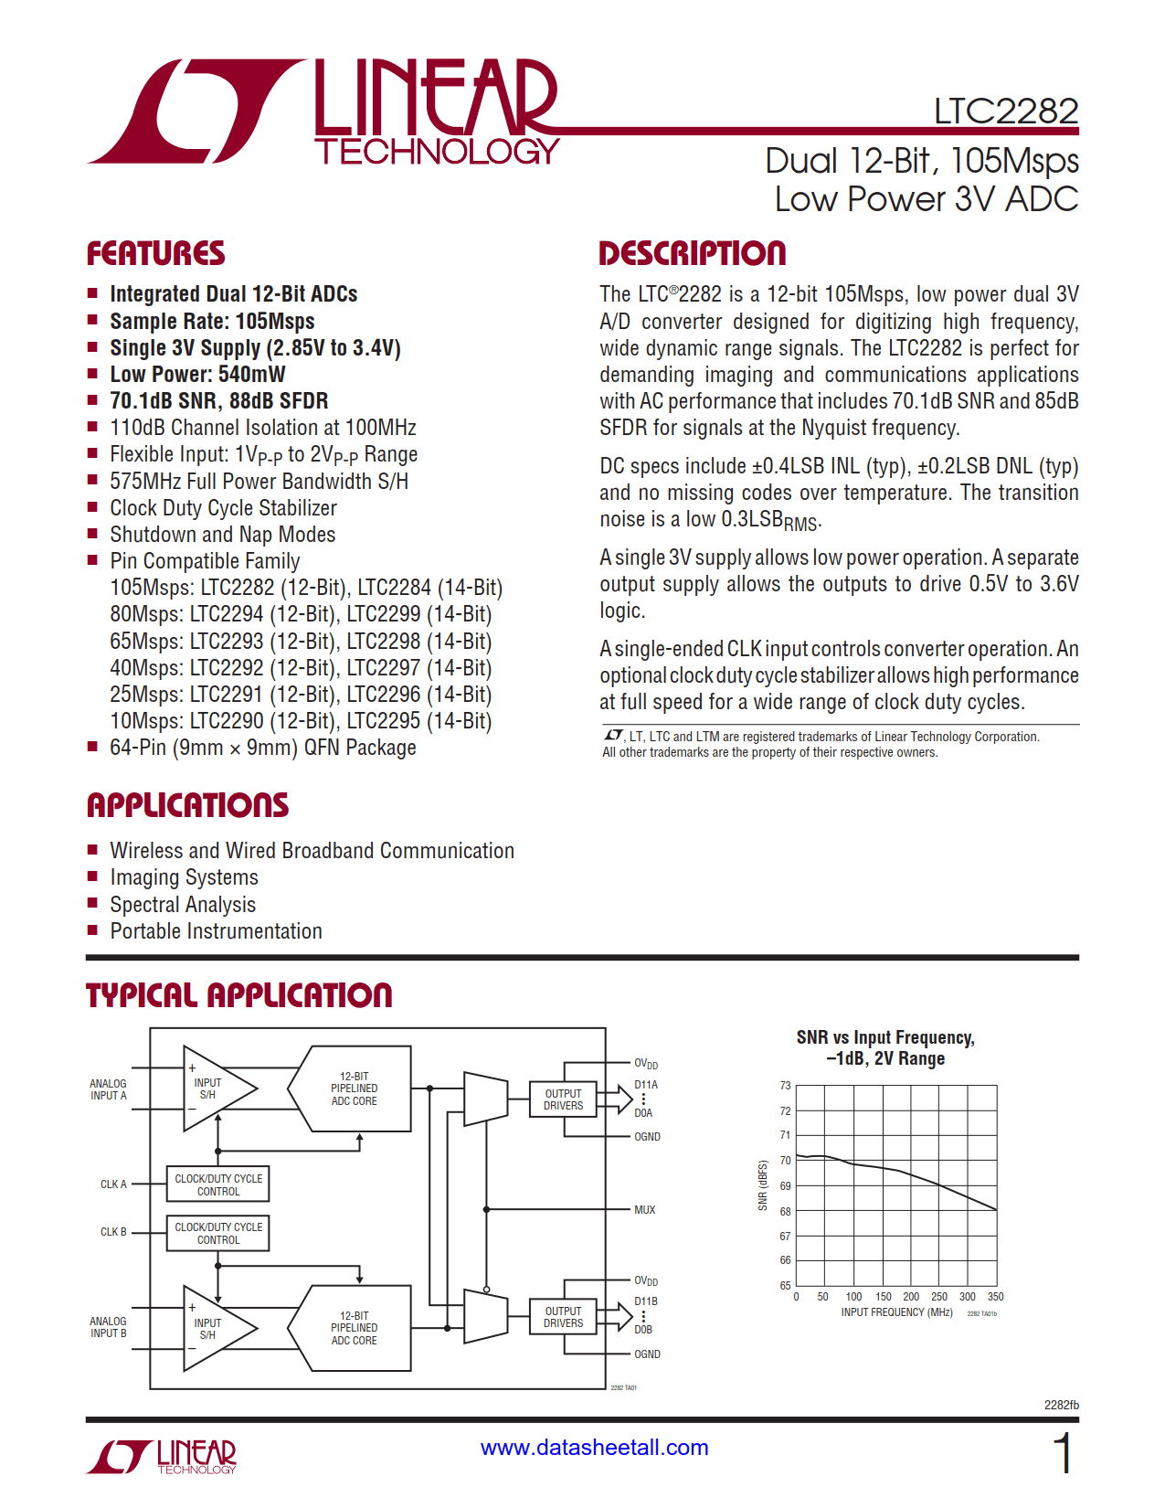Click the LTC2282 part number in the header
(1005, 112)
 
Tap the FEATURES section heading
(155, 253)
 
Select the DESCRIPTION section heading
(692, 253)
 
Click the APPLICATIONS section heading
(187, 805)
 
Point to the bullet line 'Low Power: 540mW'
(197, 375)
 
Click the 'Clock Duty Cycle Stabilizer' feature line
(223, 508)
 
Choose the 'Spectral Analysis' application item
(183, 905)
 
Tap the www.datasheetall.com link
(594, 1448)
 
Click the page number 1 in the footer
(1062, 1453)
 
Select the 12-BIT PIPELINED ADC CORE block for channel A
(354, 1089)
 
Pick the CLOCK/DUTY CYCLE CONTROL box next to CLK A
(218, 1184)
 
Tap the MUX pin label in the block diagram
(644, 1210)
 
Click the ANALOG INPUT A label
(108, 1089)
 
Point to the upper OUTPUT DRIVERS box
(563, 1099)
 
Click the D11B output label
(646, 1301)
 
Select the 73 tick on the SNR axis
(785, 1086)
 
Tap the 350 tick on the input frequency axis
(995, 1297)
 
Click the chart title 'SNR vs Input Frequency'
(884, 1037)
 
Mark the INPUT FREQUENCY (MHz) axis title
(896, 1312)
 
